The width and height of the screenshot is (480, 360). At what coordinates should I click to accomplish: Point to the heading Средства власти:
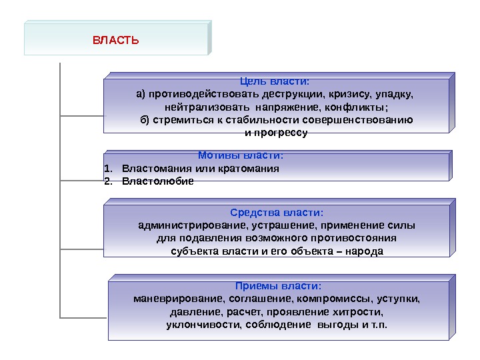coord(276,213)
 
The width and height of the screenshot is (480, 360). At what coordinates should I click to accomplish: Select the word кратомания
coord(253,168)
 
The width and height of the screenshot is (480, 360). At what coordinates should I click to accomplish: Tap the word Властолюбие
coord(159,181)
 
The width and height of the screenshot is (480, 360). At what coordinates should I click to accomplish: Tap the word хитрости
coord(360,311)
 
